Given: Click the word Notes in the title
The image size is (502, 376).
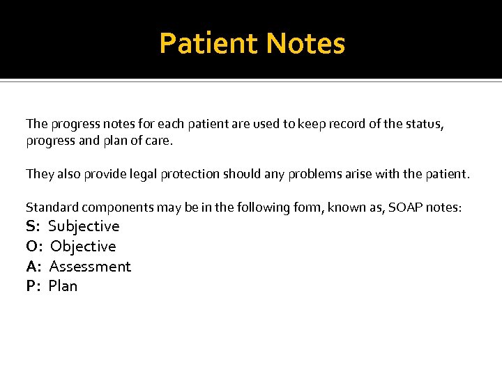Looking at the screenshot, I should click(305, 43).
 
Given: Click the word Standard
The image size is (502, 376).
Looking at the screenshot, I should click(49, 207).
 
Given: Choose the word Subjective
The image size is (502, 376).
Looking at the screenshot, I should click(84, 226).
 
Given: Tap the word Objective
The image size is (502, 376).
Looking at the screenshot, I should click(83, 246).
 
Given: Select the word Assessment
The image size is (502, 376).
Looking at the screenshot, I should click(90, 267).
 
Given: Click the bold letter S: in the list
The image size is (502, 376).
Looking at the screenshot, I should click(33, 226).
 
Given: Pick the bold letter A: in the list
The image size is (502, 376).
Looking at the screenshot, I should click(34, 267).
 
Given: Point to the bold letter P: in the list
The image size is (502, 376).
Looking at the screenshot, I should click(33, 286).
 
